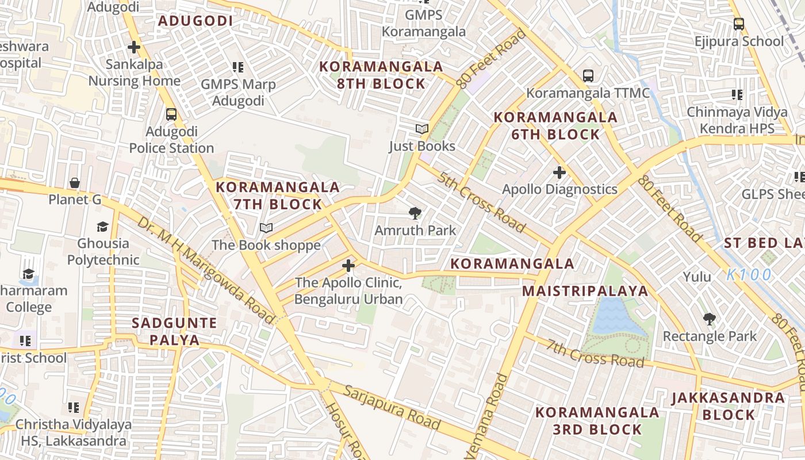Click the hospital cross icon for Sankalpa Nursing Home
pyautogui.click(x=134, y=47)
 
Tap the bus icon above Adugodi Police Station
pyautogui.click(x=171, y=114)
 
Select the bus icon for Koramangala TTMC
pyautogui.click(x=588, y=75)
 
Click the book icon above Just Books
pyautogui.click(x=422, y=129)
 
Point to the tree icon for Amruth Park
pyautogui.click(x=415, y=214)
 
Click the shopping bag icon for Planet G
pyautogui.click(x=75, y=183)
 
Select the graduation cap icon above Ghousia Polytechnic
pyautogui.click(x=103, y=227)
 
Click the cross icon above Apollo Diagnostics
pyautogui.click(x=559, y=172)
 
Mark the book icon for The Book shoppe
pyautogui.click(x=266, y=228)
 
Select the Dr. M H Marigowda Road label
pyautogui.click(x=205, y=270)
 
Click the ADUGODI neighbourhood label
pyautogui.click(x=195, y=21)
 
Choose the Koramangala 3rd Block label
pyautogui.click(x=597, y=421)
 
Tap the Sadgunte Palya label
pyautogui.click(x=175, y=331)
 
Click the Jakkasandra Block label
pyautogui.click(x=728, y=406)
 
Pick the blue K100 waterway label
pyautogui.click(x=749, y=275)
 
